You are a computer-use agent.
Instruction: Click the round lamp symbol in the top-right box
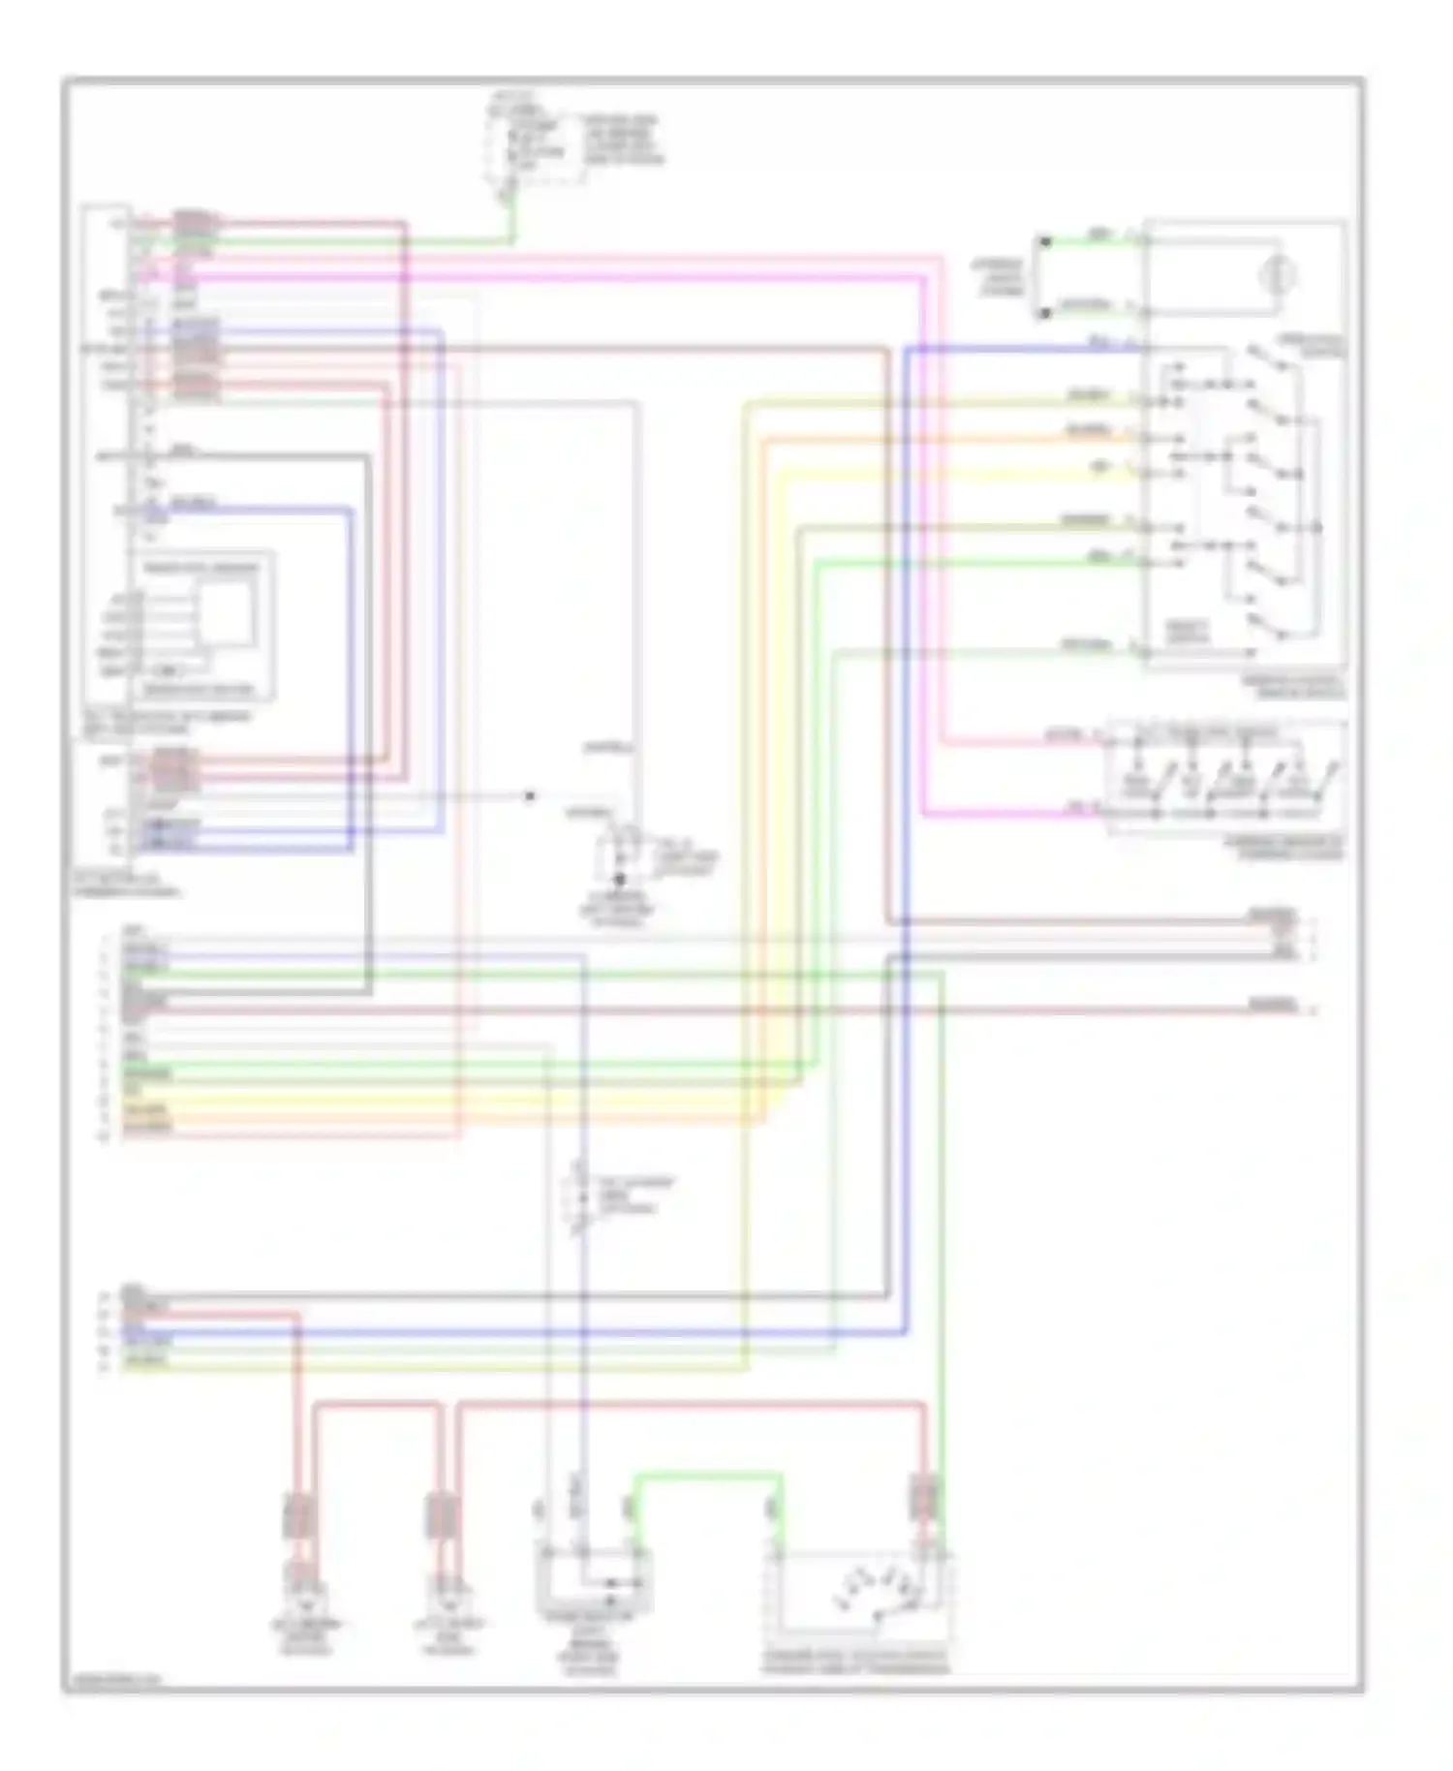[1277, 275]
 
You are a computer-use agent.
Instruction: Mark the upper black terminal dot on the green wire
[1044, 240]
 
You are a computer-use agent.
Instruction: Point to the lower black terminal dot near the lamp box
[1044, 313]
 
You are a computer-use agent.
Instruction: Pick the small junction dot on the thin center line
[529, 796]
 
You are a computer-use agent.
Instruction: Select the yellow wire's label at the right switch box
[1101, 467]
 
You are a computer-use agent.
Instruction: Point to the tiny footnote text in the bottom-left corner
[114, 1682]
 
